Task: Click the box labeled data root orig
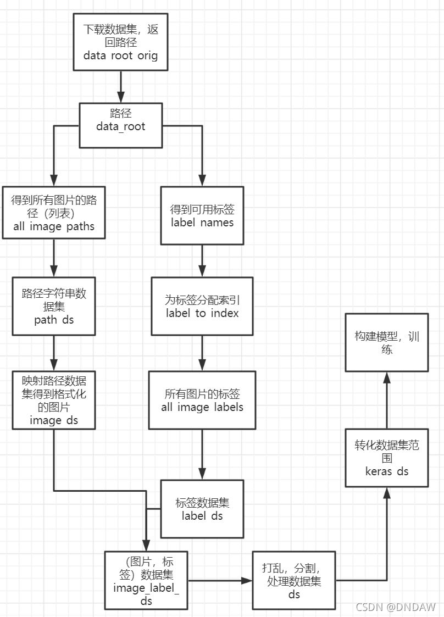coord(120,42)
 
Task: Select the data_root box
coord(120,125)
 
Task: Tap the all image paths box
coord(54,213)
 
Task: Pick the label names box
coord(202,215)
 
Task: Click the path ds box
coord(54,306)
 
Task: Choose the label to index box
coord(202,307)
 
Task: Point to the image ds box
coord(54,399)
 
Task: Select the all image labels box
coord(202,401)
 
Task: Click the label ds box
coord(202,509)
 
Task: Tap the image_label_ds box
coord(146,580)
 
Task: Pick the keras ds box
coord(386,458)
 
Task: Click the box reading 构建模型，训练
coord(386,342)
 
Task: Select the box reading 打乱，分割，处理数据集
coord(294,581)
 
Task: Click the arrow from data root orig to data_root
coord(120,87)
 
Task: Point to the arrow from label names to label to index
coord(202,261)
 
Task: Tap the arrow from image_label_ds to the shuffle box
coord(220,580)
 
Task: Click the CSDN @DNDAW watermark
coord(396,607)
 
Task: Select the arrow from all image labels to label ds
coord(202,454)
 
